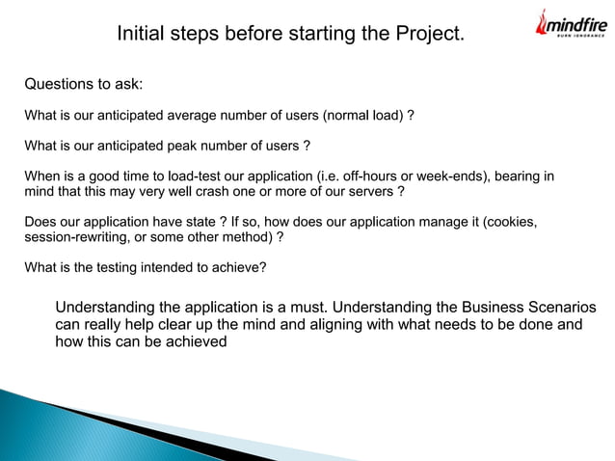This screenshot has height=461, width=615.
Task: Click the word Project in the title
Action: point(429,35)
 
